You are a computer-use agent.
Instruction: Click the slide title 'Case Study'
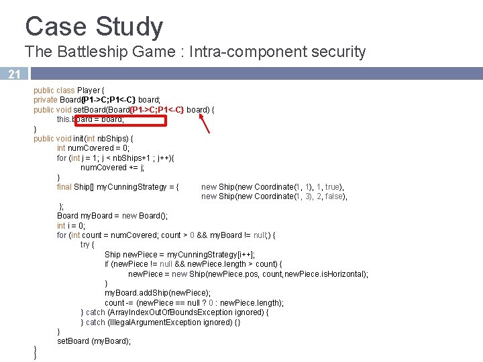tap(94, 27)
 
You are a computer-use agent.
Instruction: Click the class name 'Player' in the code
tap(88, 90)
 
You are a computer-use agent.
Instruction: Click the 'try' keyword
tap(86, 245)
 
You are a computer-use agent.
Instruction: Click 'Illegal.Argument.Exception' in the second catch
tap(165, 322)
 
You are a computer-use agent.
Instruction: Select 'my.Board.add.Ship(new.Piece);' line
tap(158, 293)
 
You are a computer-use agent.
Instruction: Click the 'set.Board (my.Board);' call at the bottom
tap(94, 341)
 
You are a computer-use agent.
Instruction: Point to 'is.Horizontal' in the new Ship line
tap(345, 274)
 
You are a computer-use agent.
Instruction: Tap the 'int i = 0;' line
tap(71, 226)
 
